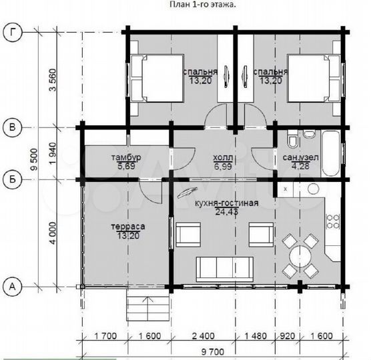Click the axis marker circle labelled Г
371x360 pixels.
(13, 33)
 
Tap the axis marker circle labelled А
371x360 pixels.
(13, 287)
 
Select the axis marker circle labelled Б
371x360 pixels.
(13, 179)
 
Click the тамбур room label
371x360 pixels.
(126, 157)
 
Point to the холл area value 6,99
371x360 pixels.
(223, 167)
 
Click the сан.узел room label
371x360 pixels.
(300, 157)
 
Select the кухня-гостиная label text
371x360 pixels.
(226, 203)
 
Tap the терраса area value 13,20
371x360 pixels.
(128, 235)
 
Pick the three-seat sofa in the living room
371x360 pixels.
(225, 269)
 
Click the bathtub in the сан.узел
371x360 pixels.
(331, 153)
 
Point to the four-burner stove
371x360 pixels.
(333, 221)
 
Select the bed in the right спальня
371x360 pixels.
(314, 78)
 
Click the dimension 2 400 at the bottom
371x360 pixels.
(204, 336)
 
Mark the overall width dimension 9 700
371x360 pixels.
(213, 352)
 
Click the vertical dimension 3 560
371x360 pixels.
(53, 79)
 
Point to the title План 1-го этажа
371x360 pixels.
(203, 5)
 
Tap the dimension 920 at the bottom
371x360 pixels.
(287, 336)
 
